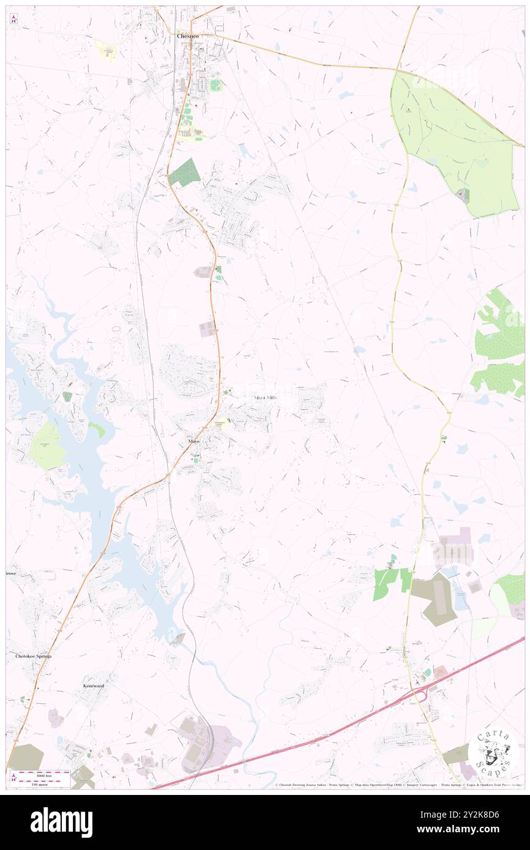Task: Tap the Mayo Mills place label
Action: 265,397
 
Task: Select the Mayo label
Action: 193,441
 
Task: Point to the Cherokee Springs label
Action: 34,656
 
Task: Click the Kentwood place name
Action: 94,686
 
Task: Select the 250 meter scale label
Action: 44,784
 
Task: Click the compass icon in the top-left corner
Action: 14,20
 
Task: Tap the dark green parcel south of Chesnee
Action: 185,173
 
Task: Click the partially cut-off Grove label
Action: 10,574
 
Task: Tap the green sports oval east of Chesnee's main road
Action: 215,85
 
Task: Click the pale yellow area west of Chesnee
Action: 106,51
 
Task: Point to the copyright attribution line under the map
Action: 398,785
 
